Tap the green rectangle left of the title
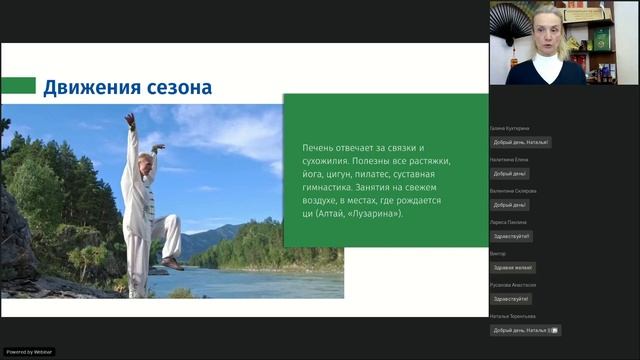18,86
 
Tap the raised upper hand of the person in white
129,119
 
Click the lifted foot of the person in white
172,263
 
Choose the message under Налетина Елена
511,173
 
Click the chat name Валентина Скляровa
514,191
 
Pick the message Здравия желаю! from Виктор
512,267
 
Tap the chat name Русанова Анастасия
513,285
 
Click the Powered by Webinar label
29,352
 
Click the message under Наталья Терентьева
524,330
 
